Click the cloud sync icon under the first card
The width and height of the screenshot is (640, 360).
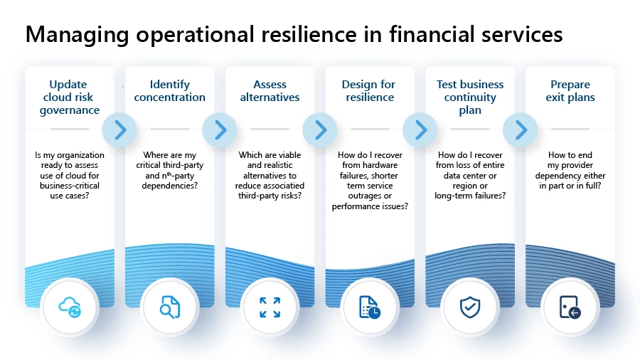click(x=70, y=307)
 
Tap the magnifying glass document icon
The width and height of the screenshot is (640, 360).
click(x=170, y=307)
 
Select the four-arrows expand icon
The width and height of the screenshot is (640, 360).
click(x=270, y=307)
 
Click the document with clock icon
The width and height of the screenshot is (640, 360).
click(x=370, y=307)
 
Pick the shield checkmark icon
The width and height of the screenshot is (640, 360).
click(x=470, y=307)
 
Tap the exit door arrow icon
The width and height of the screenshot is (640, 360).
click(x=570, y=307)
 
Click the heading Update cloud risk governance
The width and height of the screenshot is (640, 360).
click(x=70, y=97)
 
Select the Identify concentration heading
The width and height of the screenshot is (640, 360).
click(x=170, y=91)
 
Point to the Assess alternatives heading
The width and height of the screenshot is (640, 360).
click(x=270, y=91)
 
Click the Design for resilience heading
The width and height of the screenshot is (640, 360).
click(x=370, y=91)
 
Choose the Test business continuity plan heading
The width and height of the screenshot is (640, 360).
click(x=470, y=97)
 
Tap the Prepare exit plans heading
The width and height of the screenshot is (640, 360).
click(x=570, y=91)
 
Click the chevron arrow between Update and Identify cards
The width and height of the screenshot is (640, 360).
click(x=119, y=129)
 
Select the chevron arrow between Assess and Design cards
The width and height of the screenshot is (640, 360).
click(x=320, y=129)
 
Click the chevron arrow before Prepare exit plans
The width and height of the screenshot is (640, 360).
click(x=521, y=129)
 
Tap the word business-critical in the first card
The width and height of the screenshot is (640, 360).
click(x=70, y=186)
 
